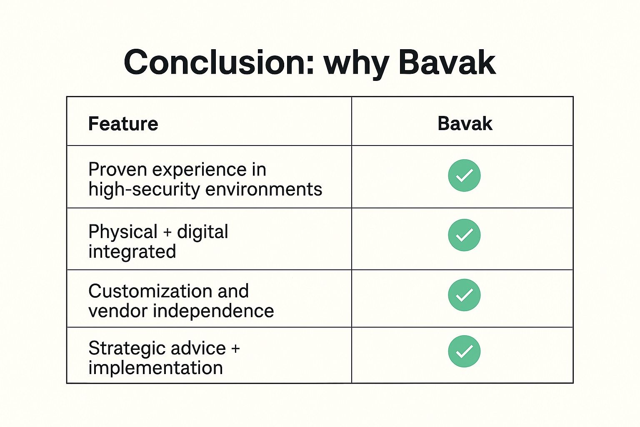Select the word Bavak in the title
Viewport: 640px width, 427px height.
coord(447,63)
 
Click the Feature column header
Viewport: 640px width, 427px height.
coord(123,124)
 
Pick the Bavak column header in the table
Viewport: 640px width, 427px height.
coord(465,123)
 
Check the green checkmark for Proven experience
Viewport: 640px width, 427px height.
coord(464,176)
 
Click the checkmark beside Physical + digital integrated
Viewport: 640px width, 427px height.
coord(464,235)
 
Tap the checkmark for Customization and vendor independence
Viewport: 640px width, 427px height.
coord(464,295)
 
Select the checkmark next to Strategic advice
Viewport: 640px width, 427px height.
coord(464,352)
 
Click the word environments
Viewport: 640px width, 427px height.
coord(264,189)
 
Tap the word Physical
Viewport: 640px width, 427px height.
coord(123,232)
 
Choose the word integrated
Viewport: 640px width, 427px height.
coord(132,252)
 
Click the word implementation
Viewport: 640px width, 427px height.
coord(155,368)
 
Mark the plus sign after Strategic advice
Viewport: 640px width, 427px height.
coord(235,349)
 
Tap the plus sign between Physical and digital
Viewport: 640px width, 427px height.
coord(167,232)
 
